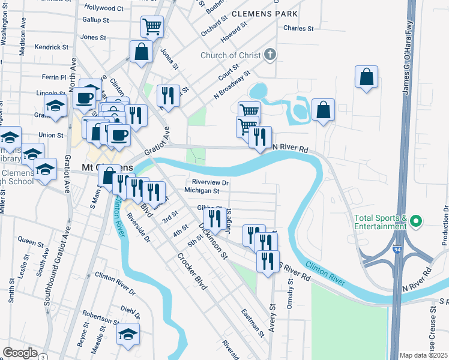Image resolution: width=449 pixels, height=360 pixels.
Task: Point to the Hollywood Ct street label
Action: pyautogui.click(x=103, y=8)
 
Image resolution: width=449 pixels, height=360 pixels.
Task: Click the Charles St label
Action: pyautogui.click(x=298, y=28)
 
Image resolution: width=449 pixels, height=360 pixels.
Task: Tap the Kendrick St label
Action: pyautogui.click(x=52, y=47)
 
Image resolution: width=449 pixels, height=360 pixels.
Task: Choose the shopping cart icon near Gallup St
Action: pyautogui.click(x=152, y=26)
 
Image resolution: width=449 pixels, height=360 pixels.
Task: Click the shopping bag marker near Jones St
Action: pyautogui.click(x=141, y=52)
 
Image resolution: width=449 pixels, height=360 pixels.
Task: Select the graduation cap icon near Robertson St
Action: pyautogui.click(x=128, y=335)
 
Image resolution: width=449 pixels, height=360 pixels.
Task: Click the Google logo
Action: pyautogui.click(x=20, y=353)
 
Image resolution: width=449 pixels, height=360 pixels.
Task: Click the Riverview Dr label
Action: pyautogui.click(x=211, y=182)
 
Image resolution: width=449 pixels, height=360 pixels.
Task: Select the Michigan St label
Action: pyautogui.click(x=202, y=190)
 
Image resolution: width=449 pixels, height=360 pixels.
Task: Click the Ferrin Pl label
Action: pyautogui.click(x=54, y=77)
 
